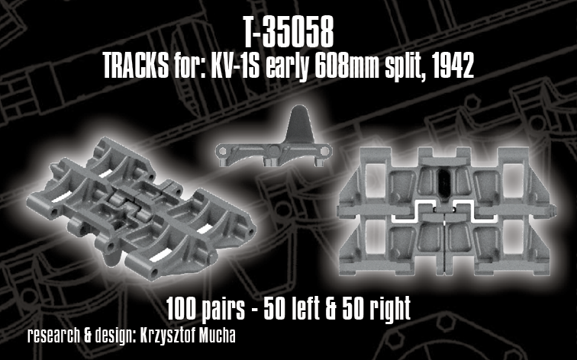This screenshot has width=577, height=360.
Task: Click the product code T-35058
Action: point(288,35)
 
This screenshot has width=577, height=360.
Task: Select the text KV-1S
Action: point(236,68)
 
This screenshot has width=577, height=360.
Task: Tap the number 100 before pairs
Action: point(182,309)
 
